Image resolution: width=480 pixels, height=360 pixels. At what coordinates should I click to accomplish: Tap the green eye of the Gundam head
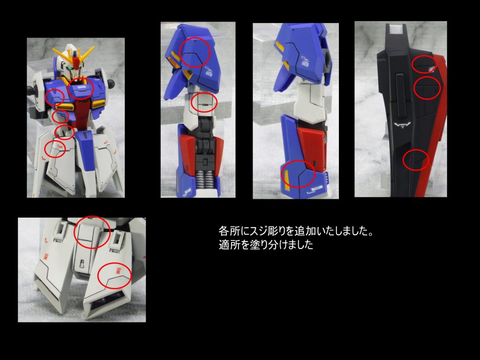pos(70,69)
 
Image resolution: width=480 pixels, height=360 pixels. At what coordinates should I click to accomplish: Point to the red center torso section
pos(82,112)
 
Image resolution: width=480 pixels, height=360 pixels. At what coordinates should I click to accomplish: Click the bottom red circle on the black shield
pos(416,160)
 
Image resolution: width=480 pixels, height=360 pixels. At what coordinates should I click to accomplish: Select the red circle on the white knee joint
pos(205,102)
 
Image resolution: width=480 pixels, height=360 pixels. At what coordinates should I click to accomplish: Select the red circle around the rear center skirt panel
pos(92,232)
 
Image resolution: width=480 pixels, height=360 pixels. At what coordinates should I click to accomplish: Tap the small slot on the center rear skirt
pos(81,263)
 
